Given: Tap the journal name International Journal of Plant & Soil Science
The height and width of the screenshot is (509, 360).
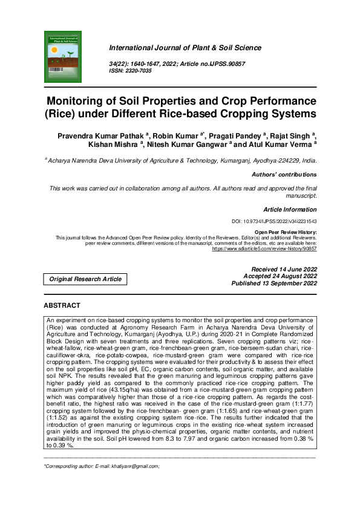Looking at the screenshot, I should pyautogui.click(x=185, y=48).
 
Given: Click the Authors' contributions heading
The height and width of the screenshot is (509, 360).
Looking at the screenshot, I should pyautogui.click(x=284, y=175).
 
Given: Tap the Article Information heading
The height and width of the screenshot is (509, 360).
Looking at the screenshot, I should pyautogui.click(x=290, y=209).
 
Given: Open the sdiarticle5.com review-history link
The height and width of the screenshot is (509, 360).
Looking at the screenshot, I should pyautogui.click(x=270, y=248).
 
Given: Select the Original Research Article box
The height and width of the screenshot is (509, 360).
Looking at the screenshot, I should pyautogui.click(x=85, y=279).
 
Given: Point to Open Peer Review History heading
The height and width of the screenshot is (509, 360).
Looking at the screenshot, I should pyautogui.click(x=286, y=232).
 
